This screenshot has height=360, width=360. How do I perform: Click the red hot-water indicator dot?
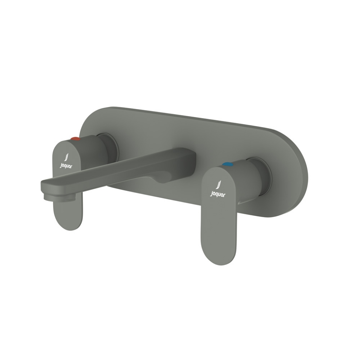pos(76,139)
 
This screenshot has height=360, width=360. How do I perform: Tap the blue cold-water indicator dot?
pos(227,164)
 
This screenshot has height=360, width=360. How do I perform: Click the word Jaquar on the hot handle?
pos(66,165)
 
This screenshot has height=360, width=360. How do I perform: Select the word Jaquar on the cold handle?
pos(218,194)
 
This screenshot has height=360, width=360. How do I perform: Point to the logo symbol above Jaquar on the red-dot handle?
pos(66,156)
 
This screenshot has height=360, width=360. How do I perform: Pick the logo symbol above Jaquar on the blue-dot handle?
pos(219,185)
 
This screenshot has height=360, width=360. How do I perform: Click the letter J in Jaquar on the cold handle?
pos(212,194)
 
